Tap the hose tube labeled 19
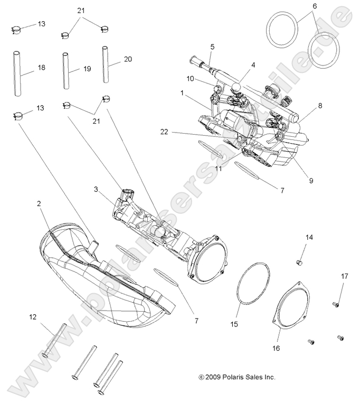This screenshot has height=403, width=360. click(66, 71)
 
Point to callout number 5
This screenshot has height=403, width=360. click(212, 47)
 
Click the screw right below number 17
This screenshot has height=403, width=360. click(335, 304)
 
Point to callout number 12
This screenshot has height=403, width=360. click(33, 317)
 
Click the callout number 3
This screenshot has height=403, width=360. click(96, 189)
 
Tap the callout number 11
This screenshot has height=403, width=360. click(217, 154)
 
